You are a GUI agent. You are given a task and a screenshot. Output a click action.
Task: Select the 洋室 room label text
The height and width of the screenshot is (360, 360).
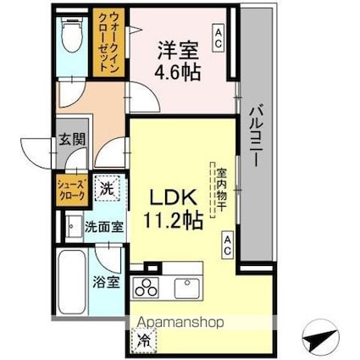click(x=178, y=49)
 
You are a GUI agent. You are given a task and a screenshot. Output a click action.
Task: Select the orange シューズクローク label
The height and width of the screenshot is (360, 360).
click(x=71, y=186)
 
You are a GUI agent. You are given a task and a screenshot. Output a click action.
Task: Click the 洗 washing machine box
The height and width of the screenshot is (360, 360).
click(x=106, y=187)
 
